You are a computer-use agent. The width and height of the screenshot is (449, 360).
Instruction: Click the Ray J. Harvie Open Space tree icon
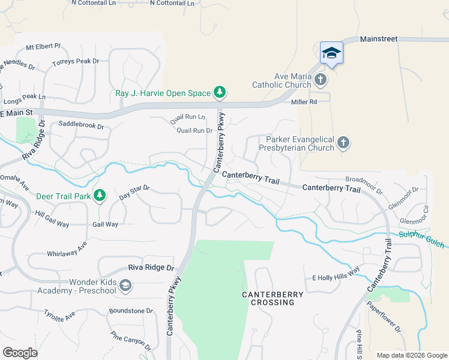pyautogui.click(x=220, y=92)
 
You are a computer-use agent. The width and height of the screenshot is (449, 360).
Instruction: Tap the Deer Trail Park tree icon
pyautogui.click(x=100, y=196)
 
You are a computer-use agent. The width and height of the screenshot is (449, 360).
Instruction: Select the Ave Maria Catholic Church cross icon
pyautogui.click(x=321, y=79)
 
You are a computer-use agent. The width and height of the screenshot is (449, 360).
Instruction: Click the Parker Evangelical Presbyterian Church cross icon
pyautogui.click(x=343, y=143)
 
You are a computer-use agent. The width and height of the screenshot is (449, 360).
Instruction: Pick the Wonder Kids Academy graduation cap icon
pyautogui.click(x=125, y=286)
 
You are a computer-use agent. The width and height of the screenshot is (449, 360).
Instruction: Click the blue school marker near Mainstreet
pyautogui.click(x=331, y=53)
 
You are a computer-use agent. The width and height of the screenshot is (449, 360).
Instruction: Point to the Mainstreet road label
pyautogui.click(x=379, y=39)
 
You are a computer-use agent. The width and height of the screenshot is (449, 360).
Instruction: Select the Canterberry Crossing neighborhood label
pyautogui.click(x=268, y=298)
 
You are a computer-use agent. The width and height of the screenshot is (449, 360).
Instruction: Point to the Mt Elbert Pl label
pyautogui.click(x=43, y=46)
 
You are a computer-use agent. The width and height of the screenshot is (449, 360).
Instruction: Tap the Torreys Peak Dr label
pyautogui.click(x=74, y=61)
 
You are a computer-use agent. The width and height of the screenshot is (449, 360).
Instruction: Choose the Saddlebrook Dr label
pyautogui.click(x=82, y=126)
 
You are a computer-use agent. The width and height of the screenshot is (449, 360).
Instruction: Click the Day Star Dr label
pyautogui.click(x=134, y=192)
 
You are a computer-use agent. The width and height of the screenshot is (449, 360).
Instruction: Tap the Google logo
pyautogui.click(x=20, y=353)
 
